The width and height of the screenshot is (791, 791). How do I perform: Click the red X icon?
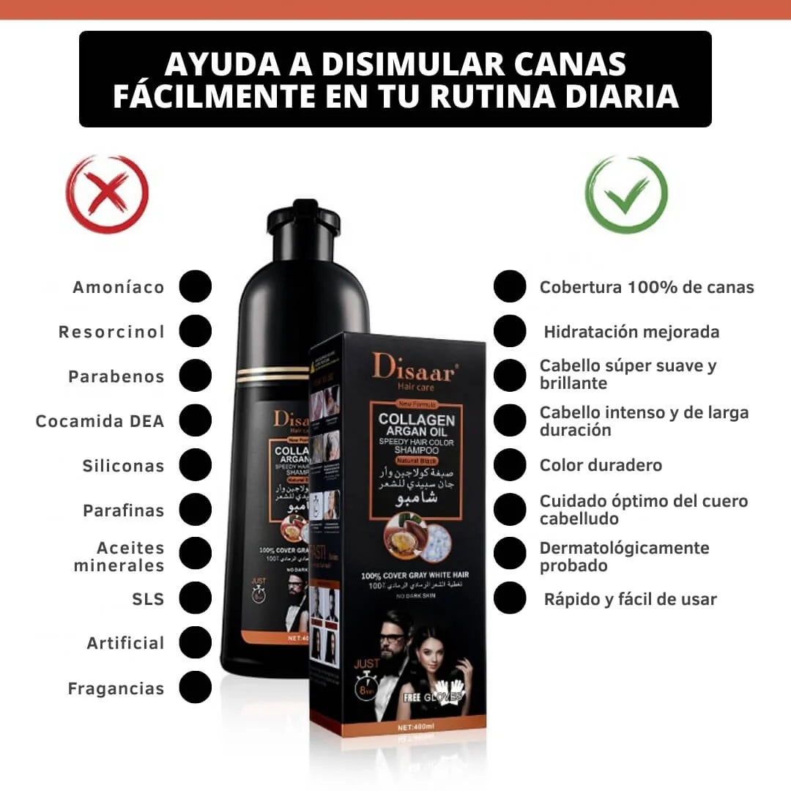point(108,194)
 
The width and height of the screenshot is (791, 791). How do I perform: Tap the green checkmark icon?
point(626,194)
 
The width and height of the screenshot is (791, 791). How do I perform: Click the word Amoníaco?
point(119,287)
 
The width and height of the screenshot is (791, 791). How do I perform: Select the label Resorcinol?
point(112,332)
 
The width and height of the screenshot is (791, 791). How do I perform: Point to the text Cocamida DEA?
point(100,421)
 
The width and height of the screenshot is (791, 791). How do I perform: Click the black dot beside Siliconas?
point(195,465)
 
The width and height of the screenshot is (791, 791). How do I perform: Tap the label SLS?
point(148,599)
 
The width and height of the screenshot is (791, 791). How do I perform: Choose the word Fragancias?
point(116,688)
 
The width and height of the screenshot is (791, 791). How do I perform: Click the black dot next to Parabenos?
point(195,376)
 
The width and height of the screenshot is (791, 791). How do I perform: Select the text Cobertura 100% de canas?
point(647,287)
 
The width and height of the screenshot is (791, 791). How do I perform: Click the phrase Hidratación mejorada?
point(631,332)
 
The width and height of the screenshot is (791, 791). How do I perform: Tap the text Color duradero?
point(601,465)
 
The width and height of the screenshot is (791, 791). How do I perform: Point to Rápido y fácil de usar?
point(630,599)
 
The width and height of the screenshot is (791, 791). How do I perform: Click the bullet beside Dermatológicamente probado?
point(510,554)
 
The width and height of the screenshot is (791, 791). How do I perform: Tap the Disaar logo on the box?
point(415,366)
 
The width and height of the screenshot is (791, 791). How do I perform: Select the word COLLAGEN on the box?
point(416,420)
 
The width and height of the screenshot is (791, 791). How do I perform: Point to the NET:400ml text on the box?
point(416,727)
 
